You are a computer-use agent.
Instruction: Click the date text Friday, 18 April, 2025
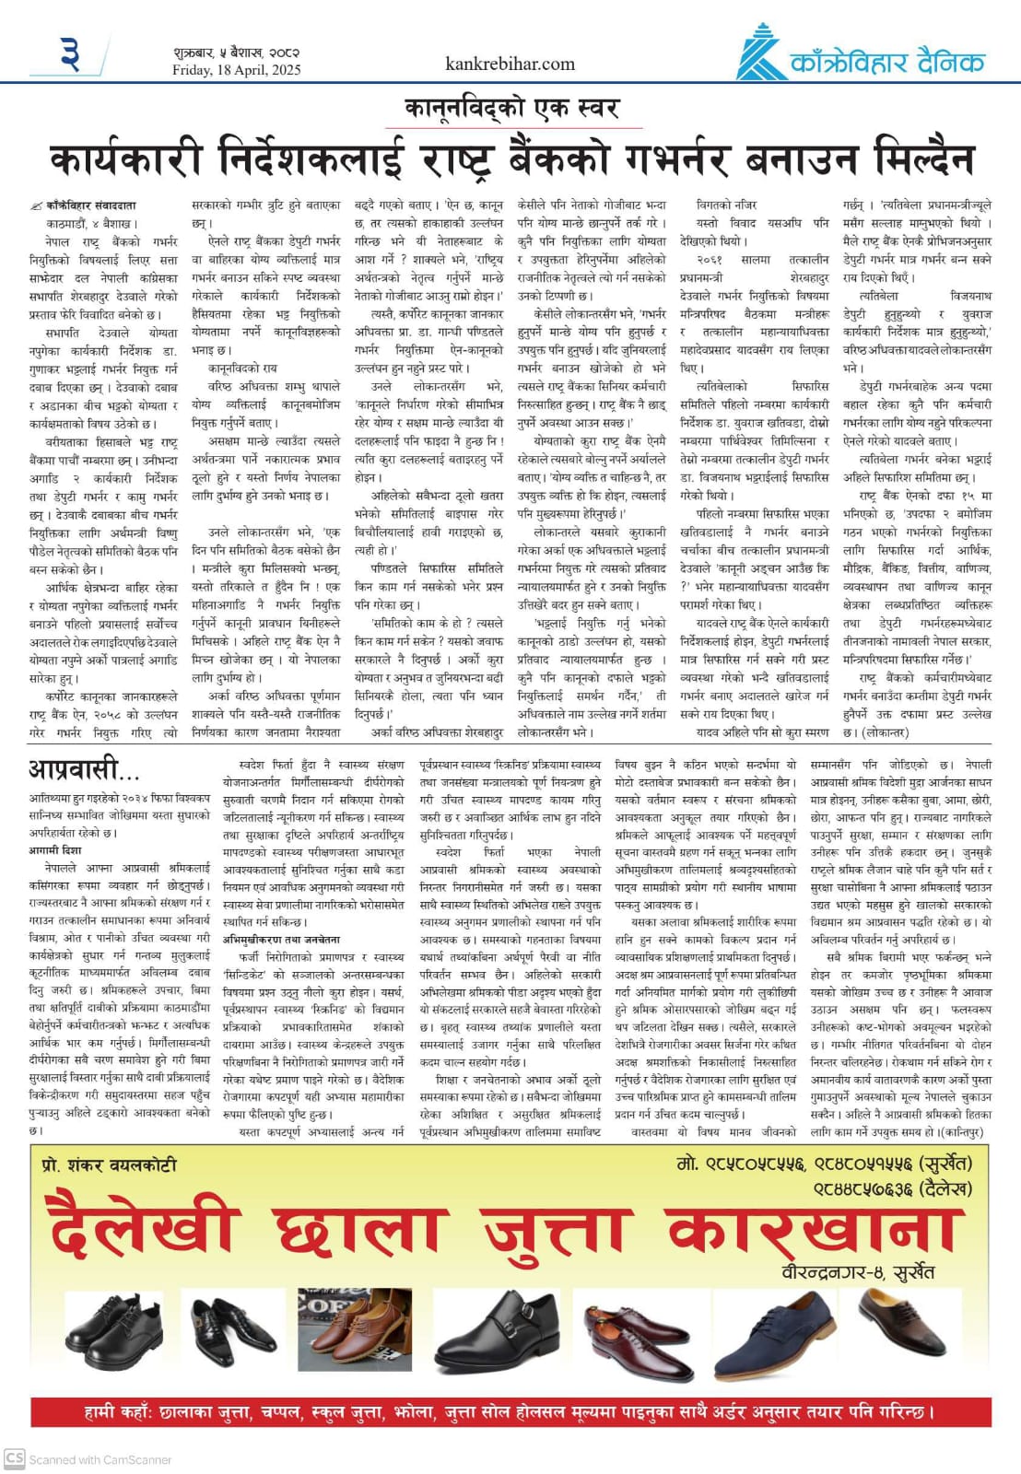pos(237,70)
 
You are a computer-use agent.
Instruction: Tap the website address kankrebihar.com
pos(510,64)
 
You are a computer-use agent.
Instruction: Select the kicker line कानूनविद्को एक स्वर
pos(511,109)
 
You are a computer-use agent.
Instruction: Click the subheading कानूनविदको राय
pos(242,368)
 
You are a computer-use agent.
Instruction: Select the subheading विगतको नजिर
pos(727,205)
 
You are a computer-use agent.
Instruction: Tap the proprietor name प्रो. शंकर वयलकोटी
pos(109,1164)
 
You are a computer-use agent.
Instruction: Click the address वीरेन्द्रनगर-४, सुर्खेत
pos(857,1272)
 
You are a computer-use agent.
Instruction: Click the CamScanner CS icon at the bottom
pos(15,1457)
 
